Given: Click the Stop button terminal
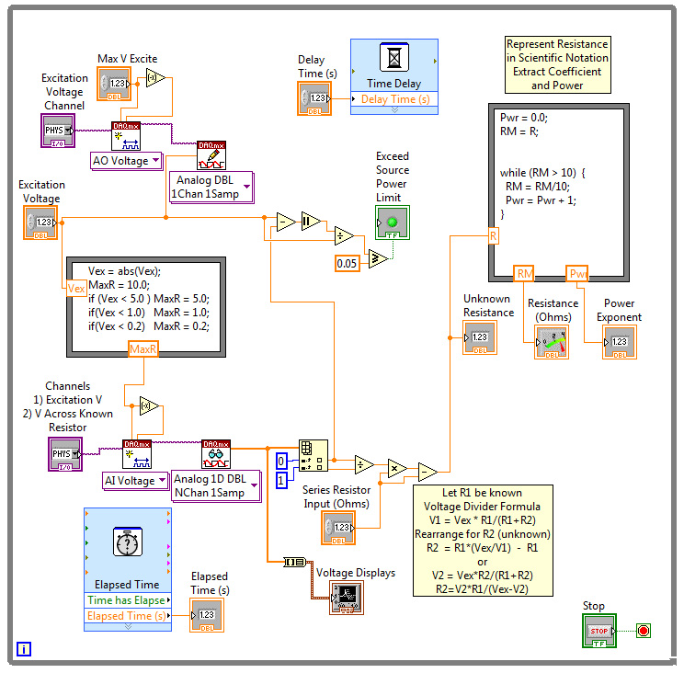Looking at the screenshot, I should coord(599,631).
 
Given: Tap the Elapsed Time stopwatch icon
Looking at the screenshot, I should coord(127,543).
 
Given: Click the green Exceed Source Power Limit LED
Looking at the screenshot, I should coord(392,222).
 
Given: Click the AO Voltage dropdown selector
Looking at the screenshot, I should coord(126,161).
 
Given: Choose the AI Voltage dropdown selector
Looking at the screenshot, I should coord(132,480).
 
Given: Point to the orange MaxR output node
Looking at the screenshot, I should coord(143,349).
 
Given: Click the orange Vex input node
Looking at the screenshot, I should coord(77,288).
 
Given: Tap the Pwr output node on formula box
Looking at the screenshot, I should coord(578,273).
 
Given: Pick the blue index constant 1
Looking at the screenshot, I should coord(282,480).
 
